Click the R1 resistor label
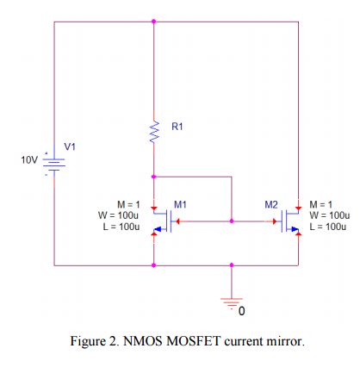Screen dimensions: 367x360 [x=177, y=127]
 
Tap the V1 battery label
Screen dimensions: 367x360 [x=69, y=146]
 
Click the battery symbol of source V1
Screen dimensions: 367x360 [x=54, y=162]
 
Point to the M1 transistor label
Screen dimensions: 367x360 [x=181, y=204]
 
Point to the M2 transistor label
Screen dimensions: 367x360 [x=271, y=204]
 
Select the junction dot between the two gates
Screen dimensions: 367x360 [x=231, y=221]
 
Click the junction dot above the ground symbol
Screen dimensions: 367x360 [x=231, y=265]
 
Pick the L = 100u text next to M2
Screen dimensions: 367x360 [x=329, y=226]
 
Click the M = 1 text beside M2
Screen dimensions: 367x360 [x=323, y=203]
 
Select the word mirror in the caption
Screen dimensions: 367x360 [x=284, y=341]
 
